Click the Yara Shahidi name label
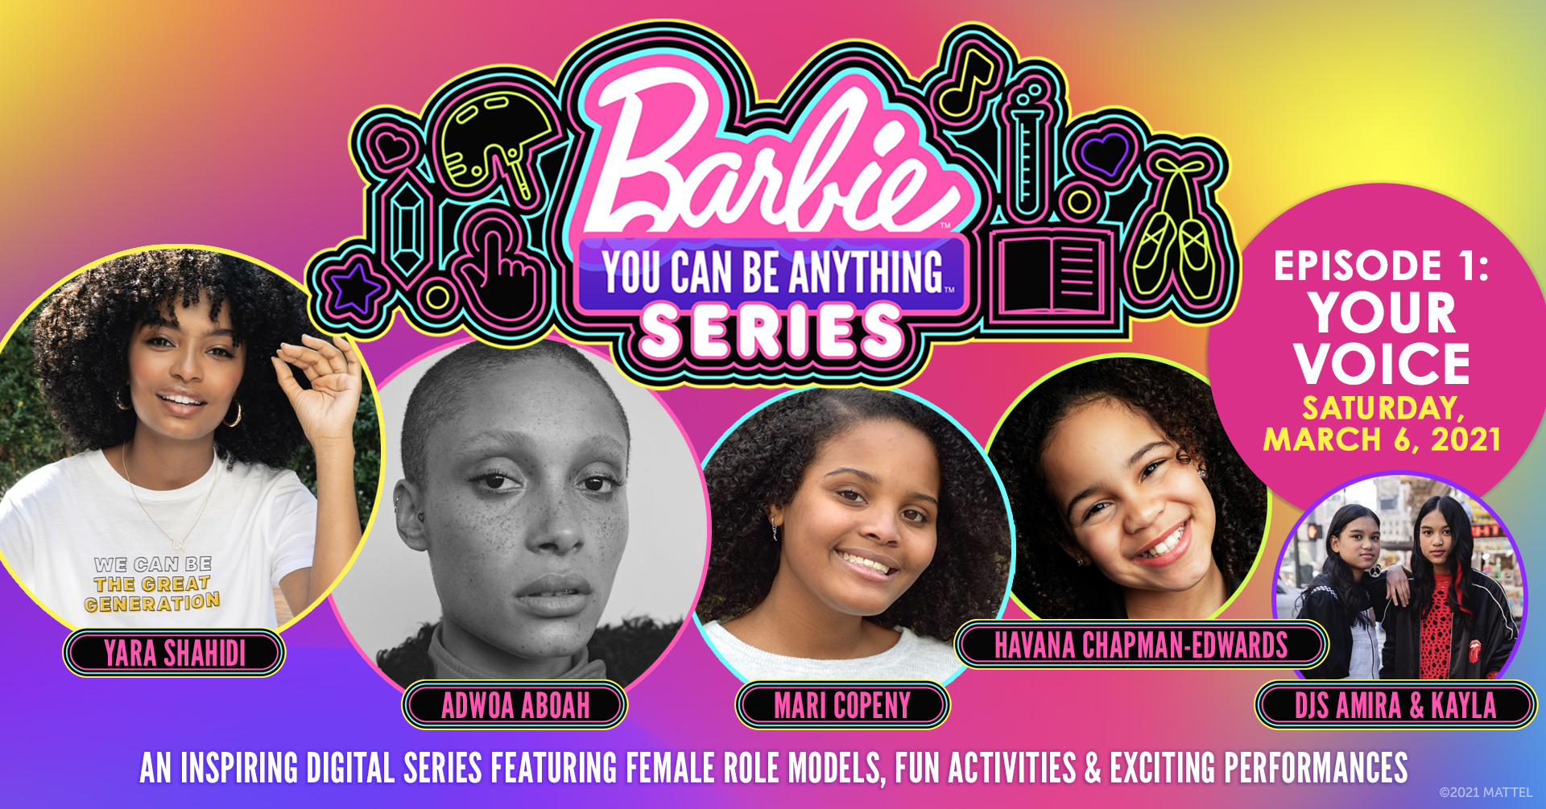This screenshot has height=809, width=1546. [x=174, y=653]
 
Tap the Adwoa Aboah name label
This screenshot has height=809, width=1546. [x=515, y=705]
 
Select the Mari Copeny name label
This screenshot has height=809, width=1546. [x=842, y=705]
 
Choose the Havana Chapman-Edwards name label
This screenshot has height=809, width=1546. [x=1141, y=645]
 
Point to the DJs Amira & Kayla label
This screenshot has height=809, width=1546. [x=1395, y=705]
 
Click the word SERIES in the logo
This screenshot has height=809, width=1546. [x=771, y=331]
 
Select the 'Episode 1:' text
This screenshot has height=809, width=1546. [x=1382, y=266]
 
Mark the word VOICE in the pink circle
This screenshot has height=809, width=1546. [x=1382, y=364]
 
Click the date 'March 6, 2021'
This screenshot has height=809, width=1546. [x=1382, y=440]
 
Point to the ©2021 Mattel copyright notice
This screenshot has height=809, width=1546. [x=1486, y=792]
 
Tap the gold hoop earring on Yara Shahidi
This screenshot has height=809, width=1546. [x=233, y=415]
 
